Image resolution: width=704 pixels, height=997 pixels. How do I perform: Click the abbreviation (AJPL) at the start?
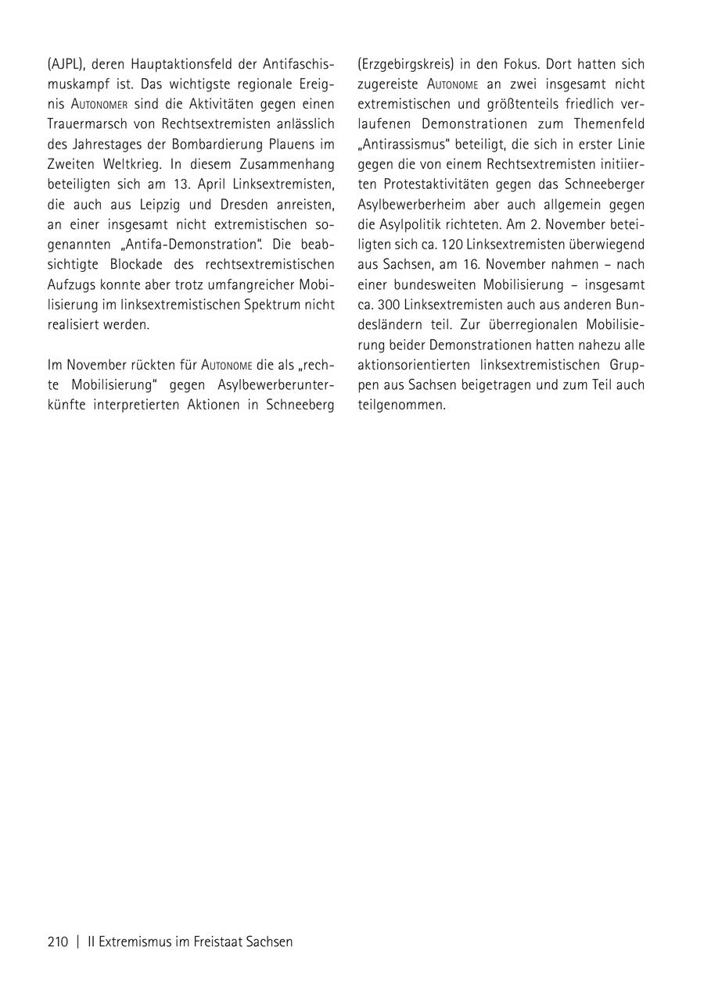coord(66,64)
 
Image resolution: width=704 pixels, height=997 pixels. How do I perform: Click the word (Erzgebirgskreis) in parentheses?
coord(406,64)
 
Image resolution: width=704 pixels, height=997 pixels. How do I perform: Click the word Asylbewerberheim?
coord(411,205)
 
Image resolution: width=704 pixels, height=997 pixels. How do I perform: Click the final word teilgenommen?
coord(401,405)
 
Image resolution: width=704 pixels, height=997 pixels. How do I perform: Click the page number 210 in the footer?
coord(58,942)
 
